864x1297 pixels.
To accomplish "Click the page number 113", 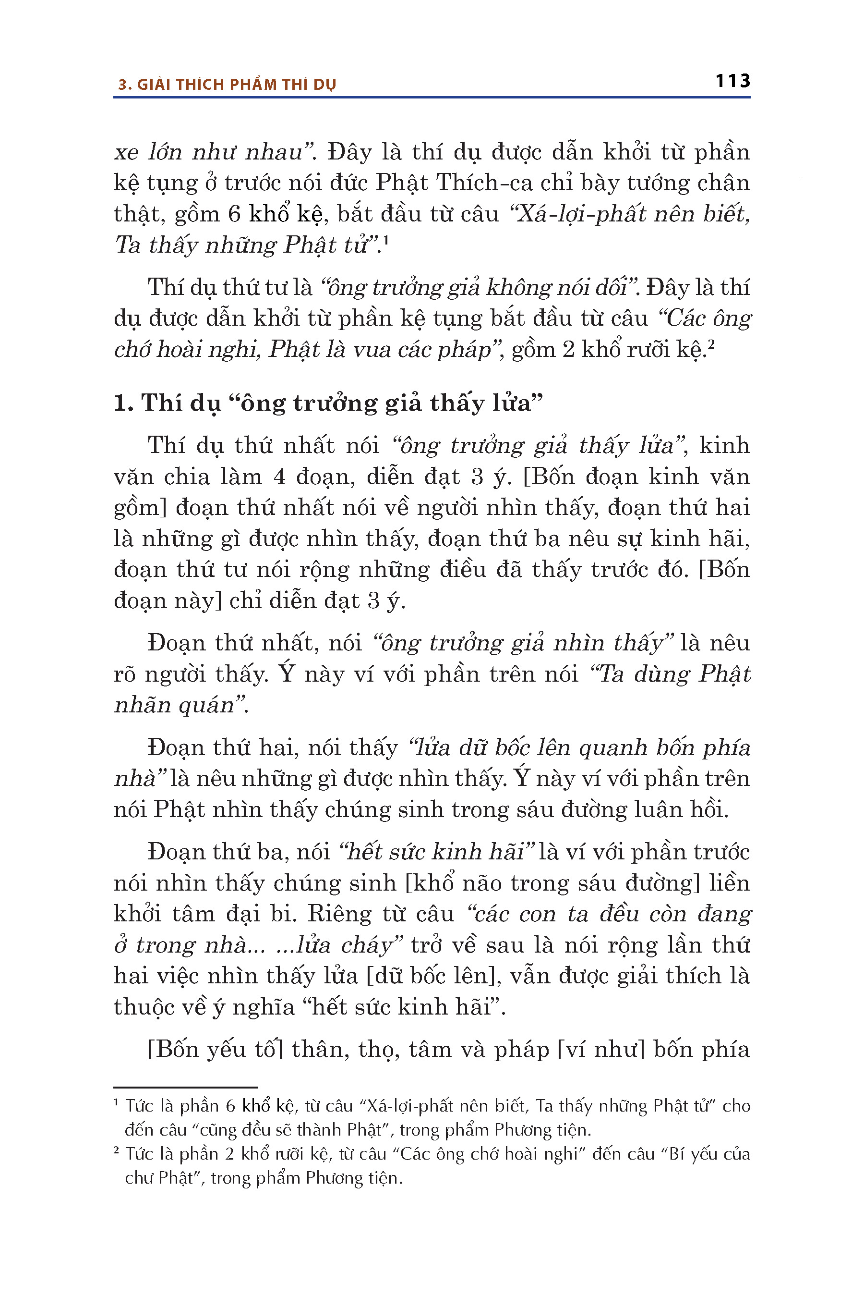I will pyautogui.click(x=732, y=81).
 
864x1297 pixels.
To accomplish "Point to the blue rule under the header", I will pyautogui.click(x=432, y=98).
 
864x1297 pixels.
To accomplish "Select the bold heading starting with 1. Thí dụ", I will pyautogui.click(x=328, y=403).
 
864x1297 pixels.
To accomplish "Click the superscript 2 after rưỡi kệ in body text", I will pyautogui.click(x=711, y=344).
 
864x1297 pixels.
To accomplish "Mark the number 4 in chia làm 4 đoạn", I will pyautogui.click(x=279, y=477).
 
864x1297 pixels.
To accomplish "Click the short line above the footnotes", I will pyautogui.click(x=185, y=1087).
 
